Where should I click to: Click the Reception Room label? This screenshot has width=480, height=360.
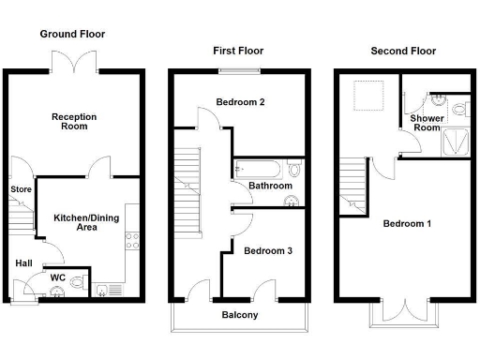[74, 123]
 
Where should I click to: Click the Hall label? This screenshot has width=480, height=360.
[23, 262]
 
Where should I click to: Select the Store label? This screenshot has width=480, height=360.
[21, 190]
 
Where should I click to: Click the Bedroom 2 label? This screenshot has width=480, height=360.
[239, 102]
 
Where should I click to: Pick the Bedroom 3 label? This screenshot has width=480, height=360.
[268, 250]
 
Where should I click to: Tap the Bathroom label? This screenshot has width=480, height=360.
[268, 187]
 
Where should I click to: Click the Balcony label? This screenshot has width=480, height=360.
[239, 315]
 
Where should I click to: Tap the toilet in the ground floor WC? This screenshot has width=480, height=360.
[78, 280]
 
